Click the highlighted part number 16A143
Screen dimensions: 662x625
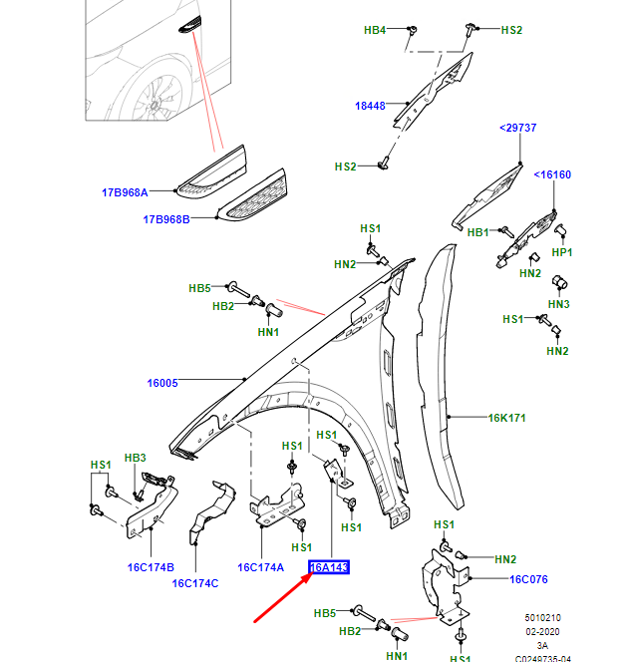coord(328,568)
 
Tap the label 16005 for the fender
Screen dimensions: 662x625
coord(162,382)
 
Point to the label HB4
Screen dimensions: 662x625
coord(375,31)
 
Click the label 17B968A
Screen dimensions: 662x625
coord(125,192)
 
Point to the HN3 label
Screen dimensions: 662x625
coord(558,303)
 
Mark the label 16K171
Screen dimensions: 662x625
coord(506,419)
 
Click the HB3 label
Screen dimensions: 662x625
coord(135,458)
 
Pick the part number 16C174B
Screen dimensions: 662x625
coord(150,566)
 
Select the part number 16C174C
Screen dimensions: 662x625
coord(195,583)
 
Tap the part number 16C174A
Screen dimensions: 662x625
coord(261,566)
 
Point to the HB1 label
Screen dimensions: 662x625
coord(478,231)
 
